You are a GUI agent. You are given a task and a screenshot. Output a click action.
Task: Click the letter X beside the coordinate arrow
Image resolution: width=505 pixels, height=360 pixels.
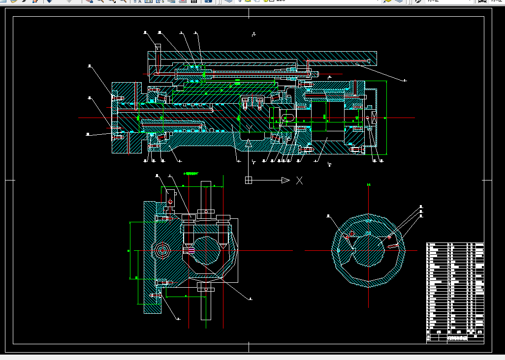click(299, 180)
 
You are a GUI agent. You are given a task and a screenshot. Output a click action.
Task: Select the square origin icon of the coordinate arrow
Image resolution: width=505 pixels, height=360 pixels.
click(249, 180)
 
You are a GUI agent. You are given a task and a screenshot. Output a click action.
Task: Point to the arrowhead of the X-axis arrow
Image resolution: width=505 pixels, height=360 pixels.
click(285, 180)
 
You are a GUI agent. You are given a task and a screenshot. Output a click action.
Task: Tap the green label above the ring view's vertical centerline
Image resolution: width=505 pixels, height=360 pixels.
click(369, 185)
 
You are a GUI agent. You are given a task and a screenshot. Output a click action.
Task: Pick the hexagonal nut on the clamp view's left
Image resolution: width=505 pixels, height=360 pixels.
click(162, 250)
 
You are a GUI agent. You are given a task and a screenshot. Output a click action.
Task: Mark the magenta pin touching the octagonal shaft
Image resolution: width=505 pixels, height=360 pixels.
click(191, 250)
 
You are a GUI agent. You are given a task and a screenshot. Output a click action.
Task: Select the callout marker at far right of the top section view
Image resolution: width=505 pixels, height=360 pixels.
click(405, 80)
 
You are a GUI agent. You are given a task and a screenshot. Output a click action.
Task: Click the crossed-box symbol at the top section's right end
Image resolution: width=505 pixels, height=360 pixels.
click(373, 118)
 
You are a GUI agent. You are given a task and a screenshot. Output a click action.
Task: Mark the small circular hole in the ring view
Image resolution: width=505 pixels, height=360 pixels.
click(351, 233)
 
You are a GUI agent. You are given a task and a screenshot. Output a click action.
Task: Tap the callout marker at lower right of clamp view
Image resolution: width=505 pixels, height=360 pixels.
click(250, 299)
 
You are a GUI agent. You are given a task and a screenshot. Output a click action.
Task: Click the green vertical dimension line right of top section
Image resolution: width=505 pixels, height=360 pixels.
click(386, 118)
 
